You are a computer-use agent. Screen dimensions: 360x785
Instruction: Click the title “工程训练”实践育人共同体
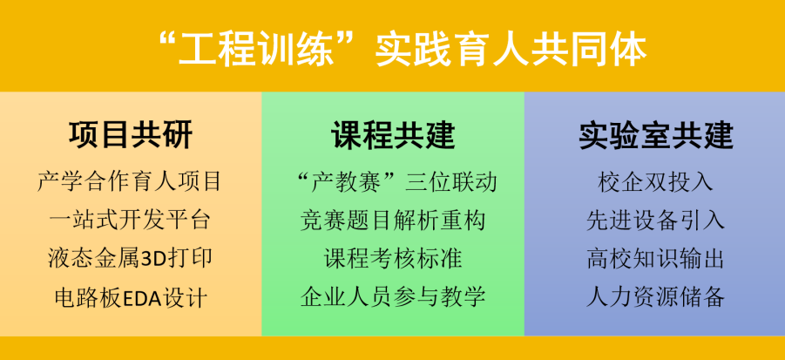(392, 49)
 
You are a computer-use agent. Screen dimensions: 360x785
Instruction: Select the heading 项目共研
(131, 136)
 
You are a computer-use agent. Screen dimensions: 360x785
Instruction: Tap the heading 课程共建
(393, 136)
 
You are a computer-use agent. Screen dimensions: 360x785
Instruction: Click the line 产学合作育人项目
(131, 181)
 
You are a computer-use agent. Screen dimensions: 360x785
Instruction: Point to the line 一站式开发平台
(131, 220)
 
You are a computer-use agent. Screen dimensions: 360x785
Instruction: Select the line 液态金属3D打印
(131, 258)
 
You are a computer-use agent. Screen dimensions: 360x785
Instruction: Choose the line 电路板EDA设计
(131, 296)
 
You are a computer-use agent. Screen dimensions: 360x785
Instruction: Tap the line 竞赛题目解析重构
(393, 220)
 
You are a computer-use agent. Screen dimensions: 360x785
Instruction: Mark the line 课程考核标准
(393, 258)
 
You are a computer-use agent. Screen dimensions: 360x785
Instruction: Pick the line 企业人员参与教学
(393, 296)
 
